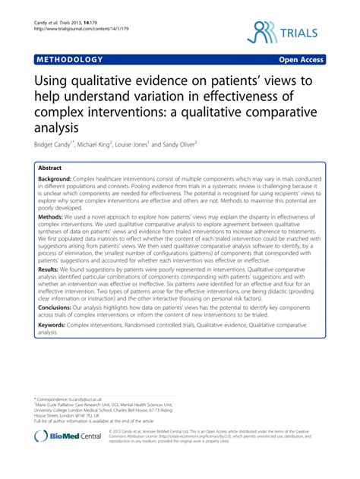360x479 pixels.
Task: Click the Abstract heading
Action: [52, 168]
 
